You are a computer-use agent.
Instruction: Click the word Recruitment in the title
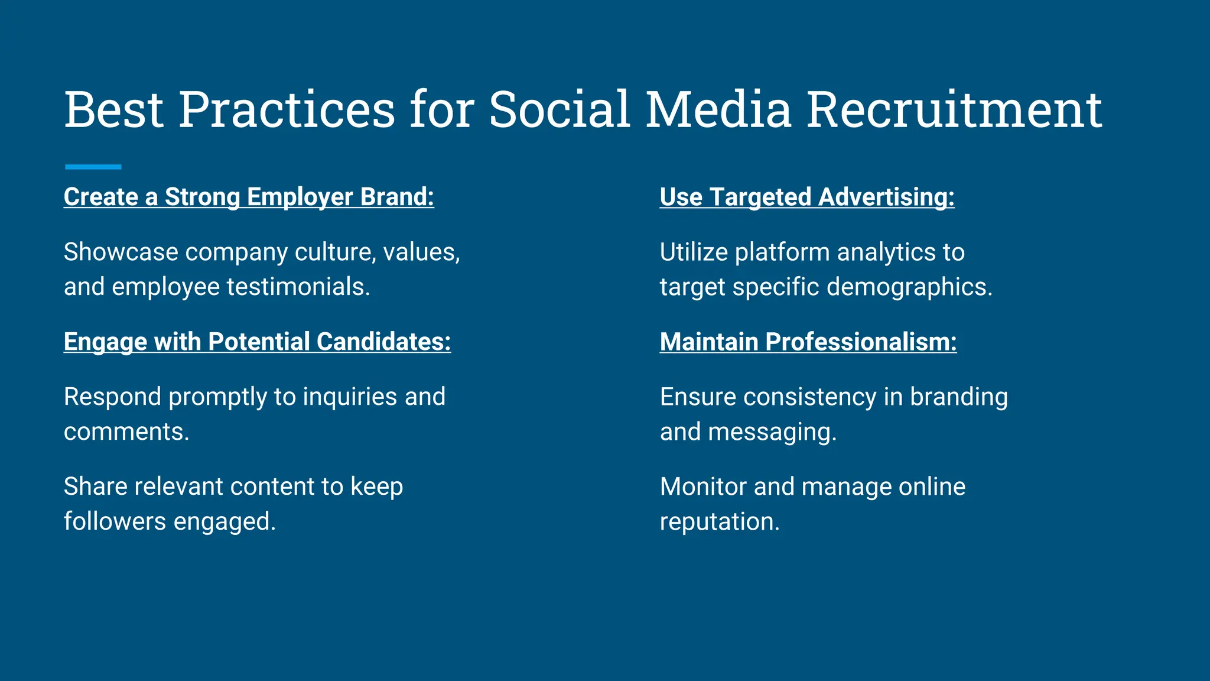[954, 110]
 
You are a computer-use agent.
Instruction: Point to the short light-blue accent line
[93, 167]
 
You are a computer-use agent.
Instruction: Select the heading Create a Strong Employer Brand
[249, 197]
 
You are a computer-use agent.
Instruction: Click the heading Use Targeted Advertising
[806, 197]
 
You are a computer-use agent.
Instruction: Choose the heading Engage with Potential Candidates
[257, 342]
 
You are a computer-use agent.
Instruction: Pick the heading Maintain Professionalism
[808, 342]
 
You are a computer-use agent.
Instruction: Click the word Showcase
[121, 252]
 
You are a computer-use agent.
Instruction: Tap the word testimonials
[298, 287]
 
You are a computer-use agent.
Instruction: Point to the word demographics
[909, 287]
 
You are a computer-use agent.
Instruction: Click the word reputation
[719, 522]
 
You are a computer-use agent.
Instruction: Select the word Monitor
[703, 487]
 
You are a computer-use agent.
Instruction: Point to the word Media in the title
[718, 110]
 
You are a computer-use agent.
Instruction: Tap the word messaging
[772, 432]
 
